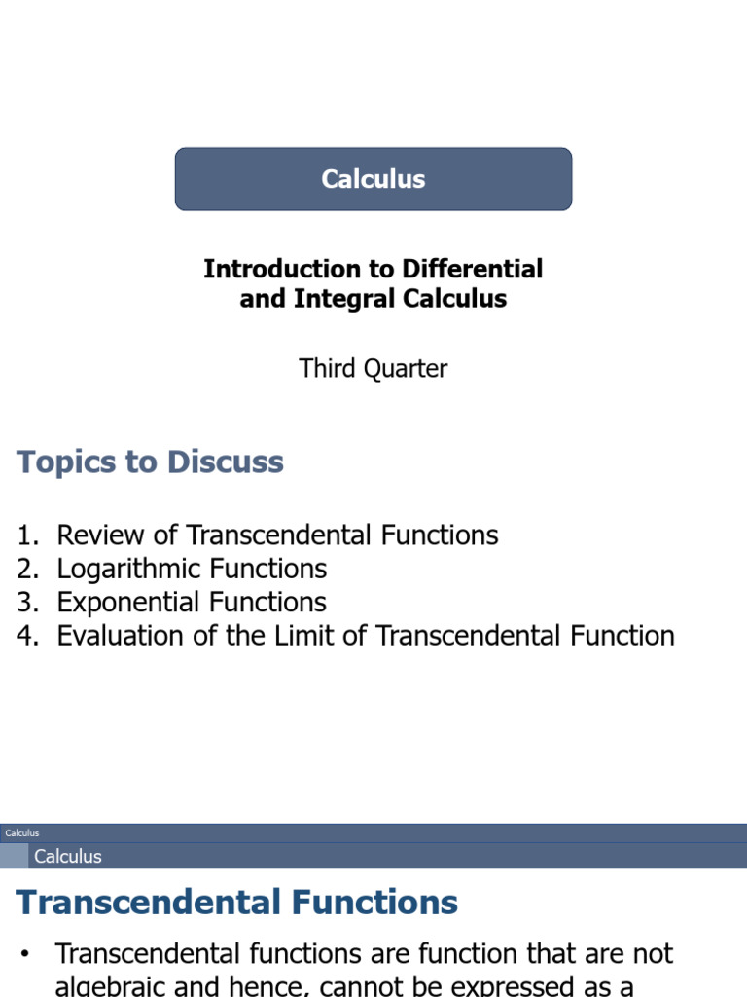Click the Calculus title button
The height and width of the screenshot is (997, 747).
click(373, 179)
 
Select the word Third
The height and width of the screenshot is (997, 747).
click(329, 369)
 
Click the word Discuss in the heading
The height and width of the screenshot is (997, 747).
click(225, 462)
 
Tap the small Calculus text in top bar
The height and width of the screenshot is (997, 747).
click(21, 833)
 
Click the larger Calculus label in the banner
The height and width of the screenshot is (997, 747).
click(68, 857)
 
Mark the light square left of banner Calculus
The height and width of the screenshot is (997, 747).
click(14, 857)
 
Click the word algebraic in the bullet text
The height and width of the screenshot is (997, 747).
click(110, 985)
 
